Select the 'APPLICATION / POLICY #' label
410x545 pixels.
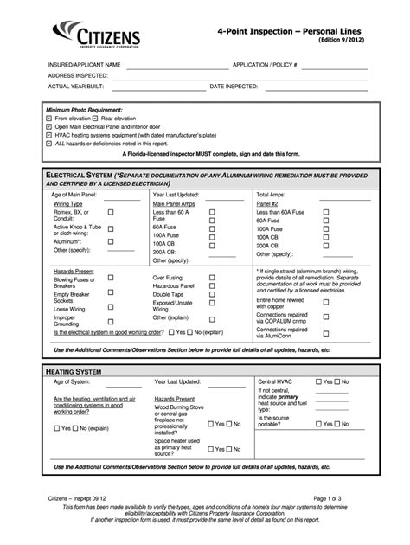265,65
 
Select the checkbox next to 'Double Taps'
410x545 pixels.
212,296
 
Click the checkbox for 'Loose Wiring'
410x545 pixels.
111,307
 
